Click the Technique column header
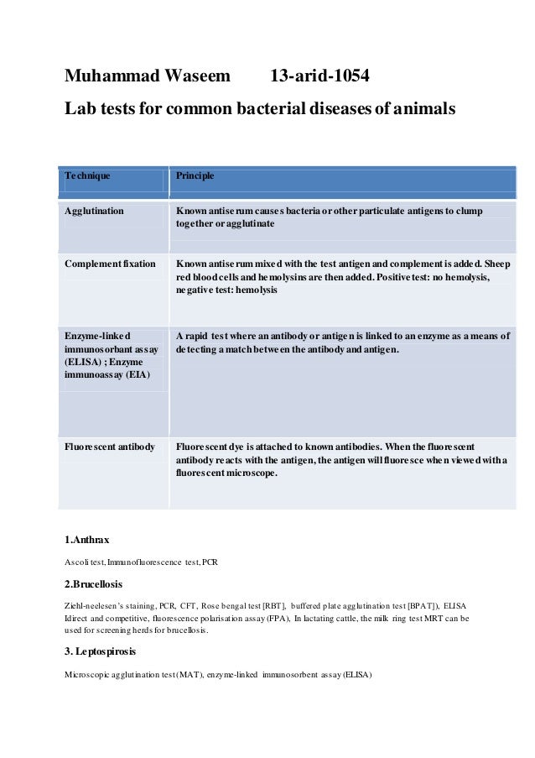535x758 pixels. click(x=88, y=176)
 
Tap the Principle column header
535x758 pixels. click(x=195, y=176)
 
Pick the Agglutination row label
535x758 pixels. click(x=95, y=210)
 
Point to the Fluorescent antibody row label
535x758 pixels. click(x=110, y=447)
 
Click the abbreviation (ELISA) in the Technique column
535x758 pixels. click(x=83, y=362)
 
